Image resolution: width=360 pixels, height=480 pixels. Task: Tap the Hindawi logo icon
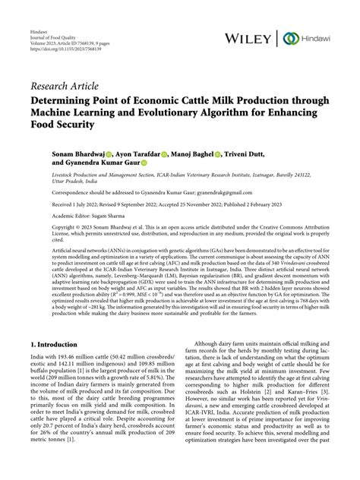[289, 38]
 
